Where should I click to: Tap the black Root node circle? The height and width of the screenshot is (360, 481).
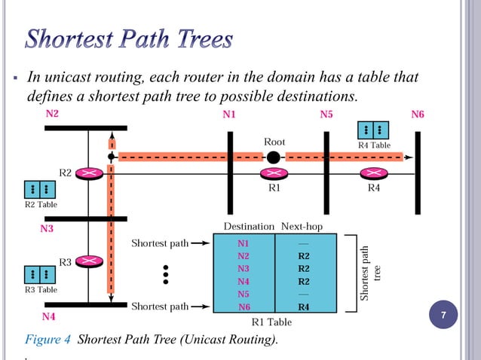point(274,157)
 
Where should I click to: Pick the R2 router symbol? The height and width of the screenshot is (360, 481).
point(90,173)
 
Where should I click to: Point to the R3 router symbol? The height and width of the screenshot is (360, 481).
point(90,261)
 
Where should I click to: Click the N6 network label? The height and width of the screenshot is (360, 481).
point(417,114)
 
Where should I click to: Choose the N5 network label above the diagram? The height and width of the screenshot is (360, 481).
point(326,114)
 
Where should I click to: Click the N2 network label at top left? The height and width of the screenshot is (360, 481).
point(52,114)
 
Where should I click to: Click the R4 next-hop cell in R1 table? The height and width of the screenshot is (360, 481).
point(303,307)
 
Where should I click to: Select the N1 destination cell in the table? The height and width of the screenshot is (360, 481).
point(243,243)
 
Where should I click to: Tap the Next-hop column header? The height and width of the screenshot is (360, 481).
point(303,226)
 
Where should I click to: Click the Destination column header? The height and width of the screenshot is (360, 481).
point(250,226)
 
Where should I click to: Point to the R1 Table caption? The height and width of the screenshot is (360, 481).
point(271,322)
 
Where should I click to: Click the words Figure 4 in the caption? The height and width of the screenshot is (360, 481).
point(49,340)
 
